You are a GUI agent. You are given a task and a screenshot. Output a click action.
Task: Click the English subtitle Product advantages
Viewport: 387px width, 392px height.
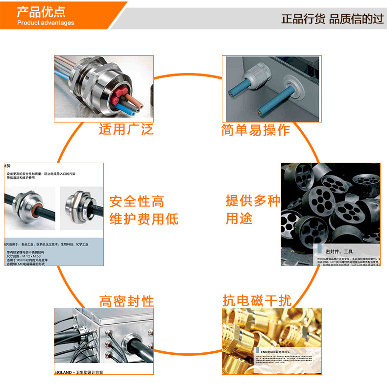point(46,23)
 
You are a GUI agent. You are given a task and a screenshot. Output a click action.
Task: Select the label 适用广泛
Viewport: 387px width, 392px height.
point(126,129)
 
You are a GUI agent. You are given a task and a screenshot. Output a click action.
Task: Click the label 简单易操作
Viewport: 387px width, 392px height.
point(255,130)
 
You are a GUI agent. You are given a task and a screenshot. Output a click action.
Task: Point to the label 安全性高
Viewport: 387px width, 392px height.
point(137,201)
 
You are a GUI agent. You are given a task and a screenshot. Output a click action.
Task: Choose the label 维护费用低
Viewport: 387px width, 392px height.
point(144,219)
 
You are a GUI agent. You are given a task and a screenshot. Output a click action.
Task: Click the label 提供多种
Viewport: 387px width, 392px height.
point(252,201)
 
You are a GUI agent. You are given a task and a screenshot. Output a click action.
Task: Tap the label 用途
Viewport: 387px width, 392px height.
point(239,219)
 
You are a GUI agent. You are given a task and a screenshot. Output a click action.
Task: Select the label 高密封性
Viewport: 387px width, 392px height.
point(126,301)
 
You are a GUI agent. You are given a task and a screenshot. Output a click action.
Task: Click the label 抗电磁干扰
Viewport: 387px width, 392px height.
point(257,301)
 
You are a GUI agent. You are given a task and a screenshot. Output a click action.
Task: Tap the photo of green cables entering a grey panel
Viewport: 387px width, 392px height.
point(270,88)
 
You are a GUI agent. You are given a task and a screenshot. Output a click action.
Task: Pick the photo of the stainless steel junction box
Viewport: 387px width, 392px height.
point(103,338)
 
